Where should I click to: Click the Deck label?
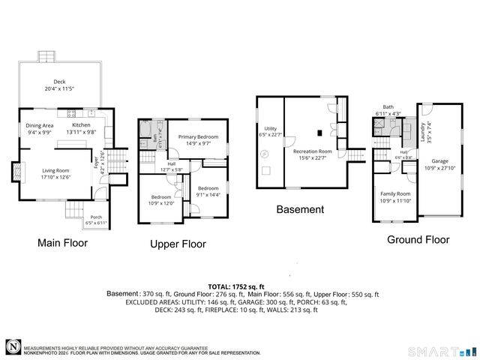(59, 82)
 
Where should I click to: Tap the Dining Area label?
(40, 125)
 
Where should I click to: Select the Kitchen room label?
(80, 125)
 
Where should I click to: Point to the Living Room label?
(55, 170)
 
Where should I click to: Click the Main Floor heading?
(62, 243)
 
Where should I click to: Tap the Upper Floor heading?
(178, 244)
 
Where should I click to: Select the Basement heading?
(300, 210)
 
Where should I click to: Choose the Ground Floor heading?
(418, 240)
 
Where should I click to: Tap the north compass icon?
(13, 346)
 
